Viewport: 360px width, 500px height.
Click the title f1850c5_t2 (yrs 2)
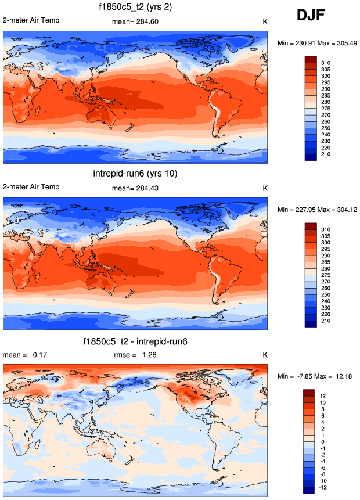click(x=134, y=8)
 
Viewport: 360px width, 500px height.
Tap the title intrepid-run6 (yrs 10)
click(x=135, y=173)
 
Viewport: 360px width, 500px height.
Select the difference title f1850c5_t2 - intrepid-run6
click(x=135, y=341)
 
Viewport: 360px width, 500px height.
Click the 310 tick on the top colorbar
click(x=326, y=63)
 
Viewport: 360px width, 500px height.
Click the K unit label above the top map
click(x=265, y=22)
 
